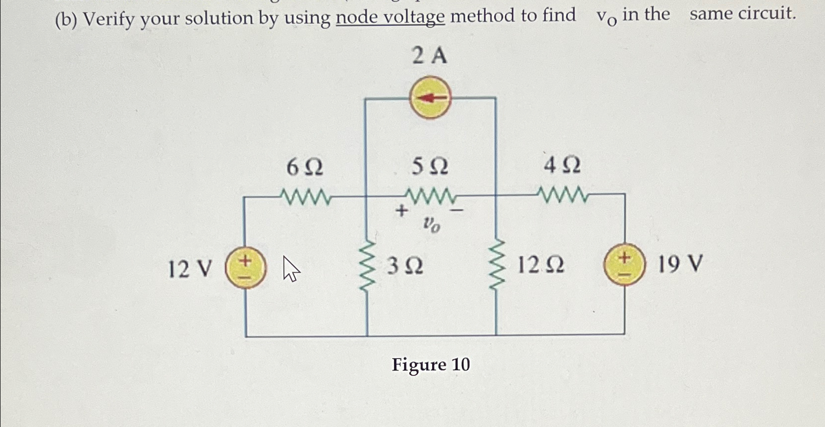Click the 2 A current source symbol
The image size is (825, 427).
[430, 97]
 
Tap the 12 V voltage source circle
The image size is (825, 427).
[246, 268]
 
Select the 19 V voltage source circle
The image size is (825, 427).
[624, 264]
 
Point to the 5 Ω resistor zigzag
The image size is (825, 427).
[430, 196]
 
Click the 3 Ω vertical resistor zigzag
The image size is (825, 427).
[366, 266]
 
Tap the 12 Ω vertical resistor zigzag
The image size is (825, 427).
[496, 264]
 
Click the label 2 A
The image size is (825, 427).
[429, 56]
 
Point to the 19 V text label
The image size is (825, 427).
[680, 264]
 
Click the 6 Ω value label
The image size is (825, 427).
[305, 168]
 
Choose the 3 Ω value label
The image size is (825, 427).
[405, 266]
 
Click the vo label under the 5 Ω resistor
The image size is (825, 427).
[431, 225]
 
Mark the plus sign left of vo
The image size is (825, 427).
[401, 211]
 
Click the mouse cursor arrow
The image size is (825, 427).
[291, 269]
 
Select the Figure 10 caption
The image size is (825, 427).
[431, 365]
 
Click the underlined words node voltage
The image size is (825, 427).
[390, 17]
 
